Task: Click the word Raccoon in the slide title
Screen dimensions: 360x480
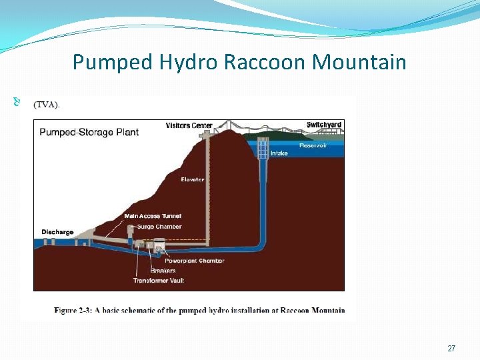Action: click(x=266, y=63)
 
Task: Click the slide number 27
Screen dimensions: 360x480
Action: click(x=451, y=349)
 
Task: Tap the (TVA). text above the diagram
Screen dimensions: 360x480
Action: click(x=46, y=104)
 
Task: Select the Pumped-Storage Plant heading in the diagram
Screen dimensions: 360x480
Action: click(x=89, y=132)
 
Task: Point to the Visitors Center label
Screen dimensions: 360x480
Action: click(x=189, y=125)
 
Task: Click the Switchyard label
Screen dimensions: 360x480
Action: click(x=324, y=125)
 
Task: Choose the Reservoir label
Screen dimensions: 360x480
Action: click(x=313, y=145)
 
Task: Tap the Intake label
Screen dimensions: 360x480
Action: click(x=279, y=153)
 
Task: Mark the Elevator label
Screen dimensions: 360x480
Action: click(x=193, y=179)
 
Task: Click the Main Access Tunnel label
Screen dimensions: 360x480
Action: click(x=153, y=216)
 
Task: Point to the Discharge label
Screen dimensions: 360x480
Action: click(x=57, y=232)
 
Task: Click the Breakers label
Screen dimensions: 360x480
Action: click(x=163, y=271)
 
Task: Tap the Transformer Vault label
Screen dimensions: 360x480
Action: click(x=158, y=281)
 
